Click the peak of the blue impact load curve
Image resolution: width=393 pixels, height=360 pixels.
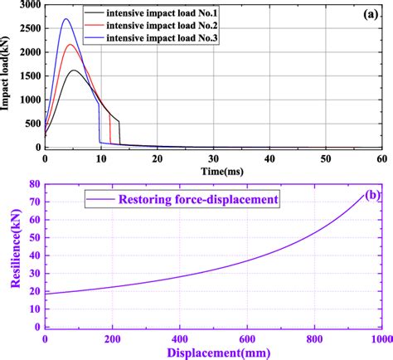click(66, 19)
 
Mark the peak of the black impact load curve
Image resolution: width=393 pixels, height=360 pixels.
click(75, 71)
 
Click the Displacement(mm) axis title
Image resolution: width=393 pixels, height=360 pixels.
click(212, 351)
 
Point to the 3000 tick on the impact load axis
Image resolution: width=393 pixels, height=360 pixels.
click(28, 6)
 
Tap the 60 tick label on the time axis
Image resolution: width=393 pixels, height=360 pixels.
click(381, 158)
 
